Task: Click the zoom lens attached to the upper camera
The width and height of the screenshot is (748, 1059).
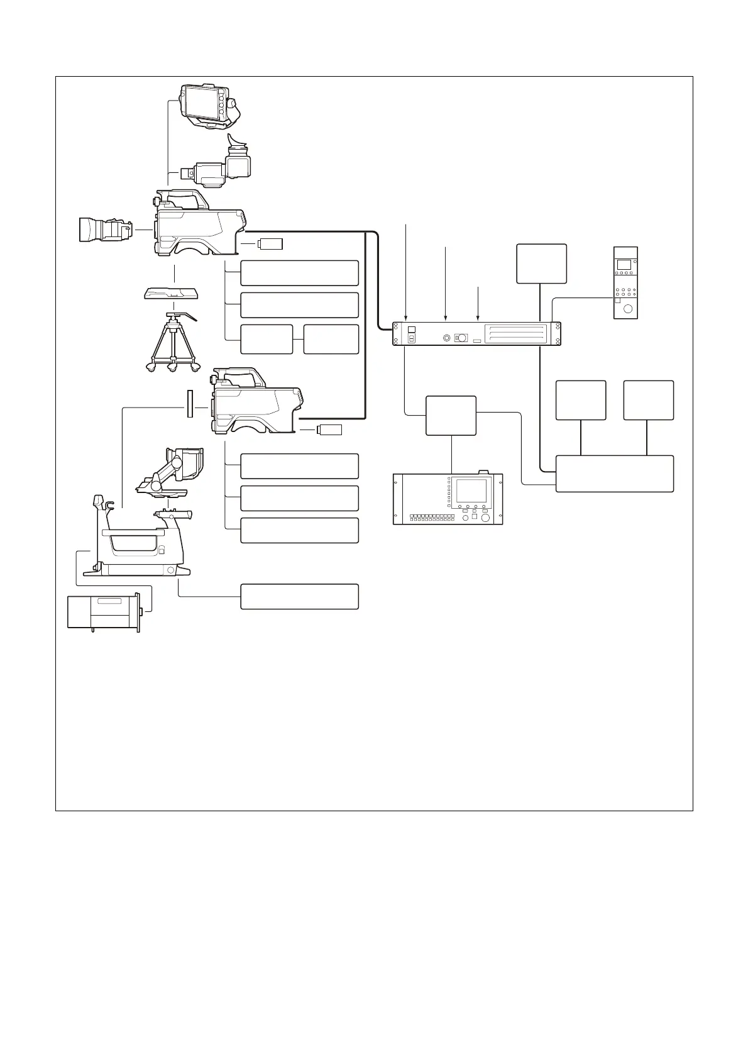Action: click(x=104, y=230)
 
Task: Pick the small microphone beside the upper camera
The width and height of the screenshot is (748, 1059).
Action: click(x=270, y=243)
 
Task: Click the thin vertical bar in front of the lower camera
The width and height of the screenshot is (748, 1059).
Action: click(x=188, y=403)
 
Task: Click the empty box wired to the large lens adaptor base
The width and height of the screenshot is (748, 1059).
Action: click(x=299, y=596)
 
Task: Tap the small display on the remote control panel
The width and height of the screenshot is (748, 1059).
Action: click(x=624, y=264)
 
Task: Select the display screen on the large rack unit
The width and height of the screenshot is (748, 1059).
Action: click(x=471, y=491)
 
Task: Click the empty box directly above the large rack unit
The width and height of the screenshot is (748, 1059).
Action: click(x=451, y=416)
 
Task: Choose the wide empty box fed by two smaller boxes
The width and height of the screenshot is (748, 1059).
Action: click(x=614, y=474)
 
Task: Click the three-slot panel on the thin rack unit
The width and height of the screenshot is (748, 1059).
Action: click(x=514, y=333)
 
